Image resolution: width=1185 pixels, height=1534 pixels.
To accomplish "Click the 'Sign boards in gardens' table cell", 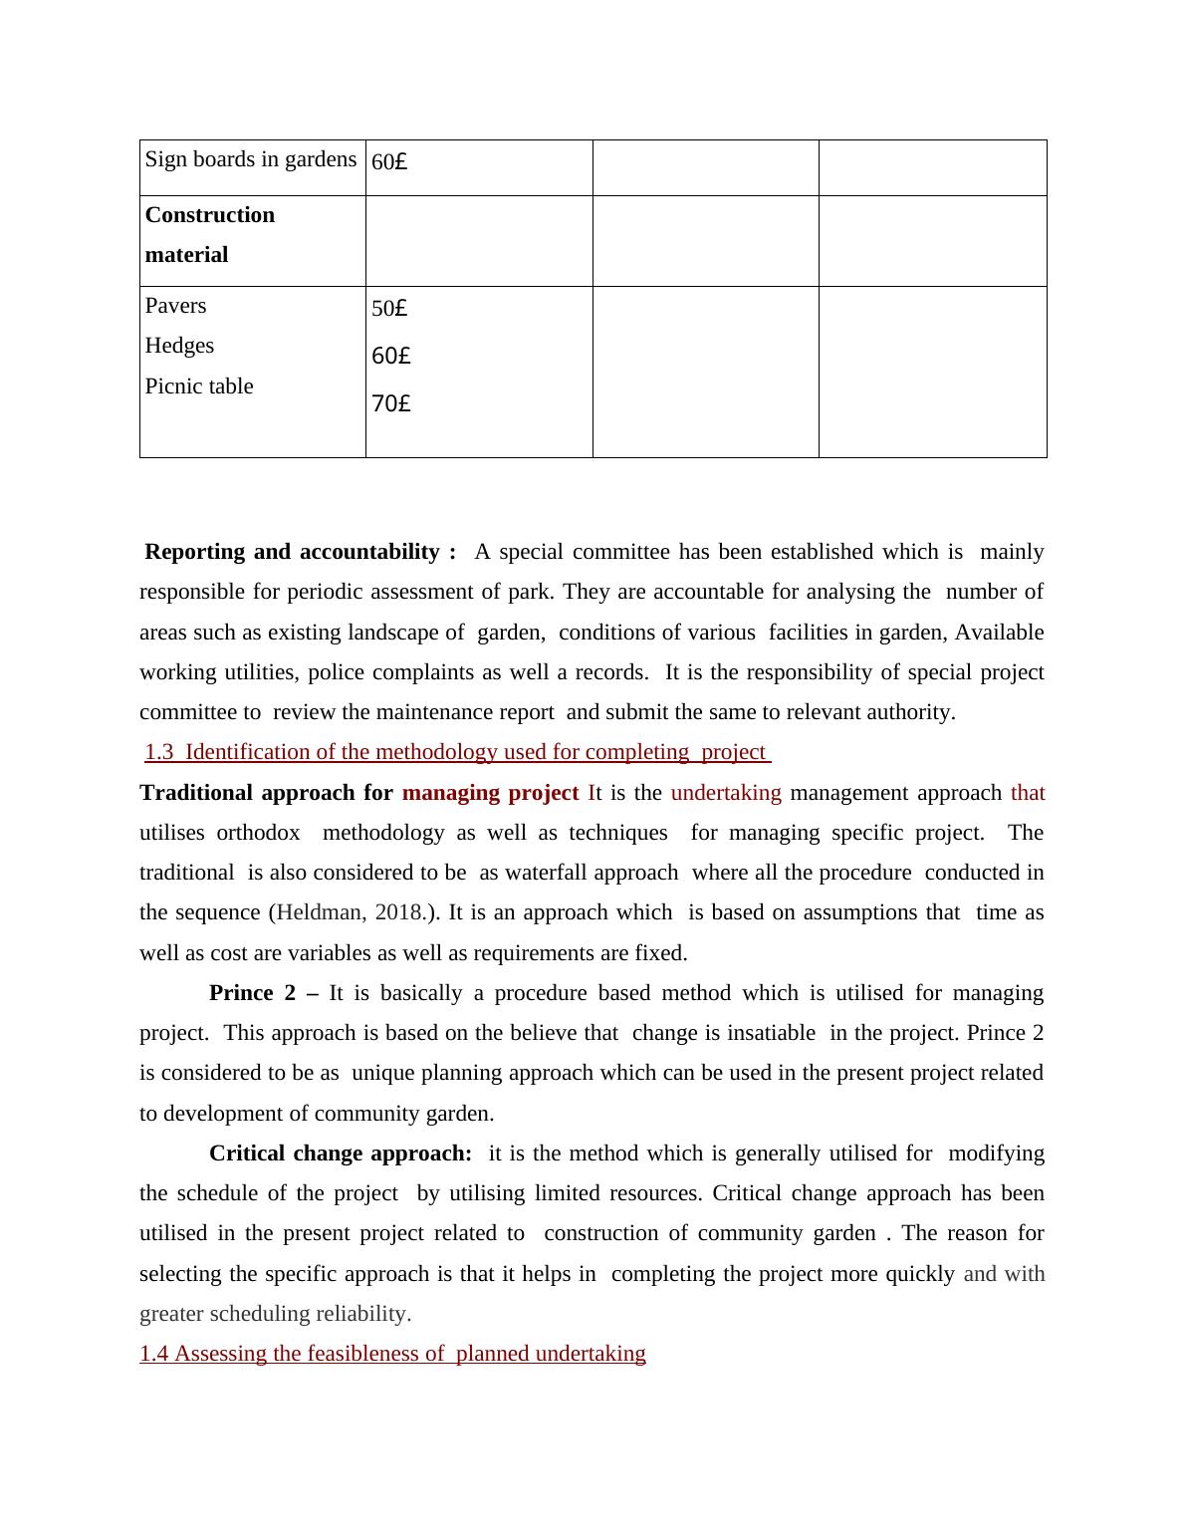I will point(250,159).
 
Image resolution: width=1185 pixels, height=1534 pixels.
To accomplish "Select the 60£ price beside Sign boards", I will point(389,161).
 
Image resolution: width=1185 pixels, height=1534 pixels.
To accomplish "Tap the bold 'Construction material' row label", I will point(209,235).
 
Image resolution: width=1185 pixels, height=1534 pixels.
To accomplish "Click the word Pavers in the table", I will point(176,306).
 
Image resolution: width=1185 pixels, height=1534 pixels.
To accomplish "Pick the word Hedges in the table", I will point(179,346).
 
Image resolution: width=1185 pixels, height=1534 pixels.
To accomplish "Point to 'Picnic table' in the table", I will point(199,386).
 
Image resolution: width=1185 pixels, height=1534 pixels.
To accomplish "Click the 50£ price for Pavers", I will point(389,309).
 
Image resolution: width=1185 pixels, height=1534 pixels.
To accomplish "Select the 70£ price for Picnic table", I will point(390,403).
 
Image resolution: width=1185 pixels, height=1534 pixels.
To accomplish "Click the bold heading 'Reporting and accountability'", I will point(300,552).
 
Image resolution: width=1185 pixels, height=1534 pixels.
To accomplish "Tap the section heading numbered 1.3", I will point(457,752).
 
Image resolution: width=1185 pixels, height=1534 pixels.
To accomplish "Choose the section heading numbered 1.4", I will point(392,1354).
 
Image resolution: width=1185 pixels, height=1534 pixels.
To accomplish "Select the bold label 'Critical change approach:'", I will point(341,1153).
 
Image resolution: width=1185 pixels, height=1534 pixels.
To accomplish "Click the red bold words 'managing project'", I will point(490,793).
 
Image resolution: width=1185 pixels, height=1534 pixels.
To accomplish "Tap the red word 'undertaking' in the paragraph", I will point(726,793).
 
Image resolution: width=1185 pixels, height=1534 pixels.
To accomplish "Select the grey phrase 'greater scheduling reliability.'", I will point(275,1314).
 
